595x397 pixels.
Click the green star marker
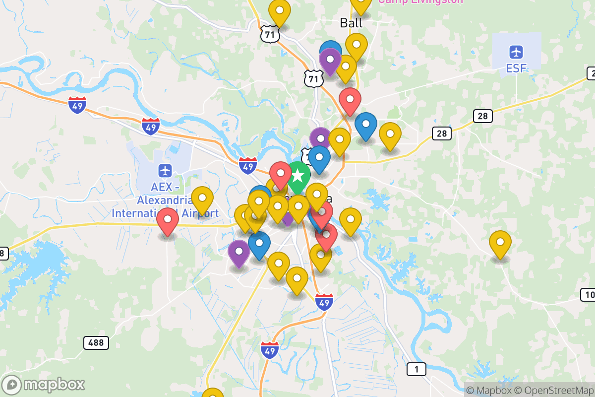(x=297, y=176)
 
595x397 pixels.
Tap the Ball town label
(x=351, y=23)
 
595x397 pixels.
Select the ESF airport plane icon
(x=516, y=52)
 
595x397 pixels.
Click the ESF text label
(x=516, y=68)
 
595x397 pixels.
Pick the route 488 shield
(x=96, y=342)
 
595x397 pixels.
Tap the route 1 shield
(x=416, y=369)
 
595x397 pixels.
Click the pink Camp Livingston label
(x=420, y=1)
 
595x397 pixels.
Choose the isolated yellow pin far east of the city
(x=500, y=243)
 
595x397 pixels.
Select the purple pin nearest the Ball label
(x=330, y=61)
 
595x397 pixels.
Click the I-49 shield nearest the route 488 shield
(x=269, y=350)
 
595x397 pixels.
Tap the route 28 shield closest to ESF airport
(x=483, y=117)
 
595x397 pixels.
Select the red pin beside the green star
(x=281, y=174)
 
